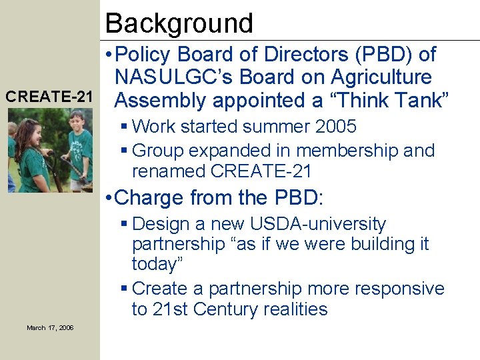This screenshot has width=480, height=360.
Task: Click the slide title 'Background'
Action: (x=179, y=23)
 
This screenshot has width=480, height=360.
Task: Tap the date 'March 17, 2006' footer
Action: (x=50, y=327)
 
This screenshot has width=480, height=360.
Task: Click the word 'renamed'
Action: (x=169, y=171)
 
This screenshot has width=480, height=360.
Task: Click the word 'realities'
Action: (x=295, y=309)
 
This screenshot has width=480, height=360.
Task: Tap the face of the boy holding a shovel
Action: (x=76, y=123)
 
